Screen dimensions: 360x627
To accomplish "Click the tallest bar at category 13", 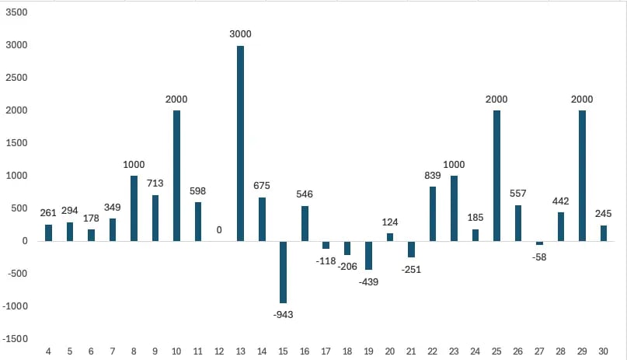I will click(241, 143).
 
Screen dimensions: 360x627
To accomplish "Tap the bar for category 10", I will click(176, 176).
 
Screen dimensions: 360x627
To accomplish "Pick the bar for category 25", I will click(496, 176).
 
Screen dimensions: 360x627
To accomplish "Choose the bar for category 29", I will click(582, 176).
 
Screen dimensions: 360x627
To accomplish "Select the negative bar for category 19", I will click(369, 255).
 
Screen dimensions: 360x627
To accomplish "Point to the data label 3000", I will click(241, 34).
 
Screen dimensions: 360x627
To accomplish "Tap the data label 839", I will click(433, 175).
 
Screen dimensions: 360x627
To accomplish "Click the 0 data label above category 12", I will click(219, 230).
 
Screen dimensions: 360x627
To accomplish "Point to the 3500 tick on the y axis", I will click(16, 12).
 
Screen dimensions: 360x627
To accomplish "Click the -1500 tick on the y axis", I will click(16, 339).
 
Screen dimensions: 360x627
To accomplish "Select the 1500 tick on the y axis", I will click(16, 143).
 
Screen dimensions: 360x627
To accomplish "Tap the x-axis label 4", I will click(49, 352).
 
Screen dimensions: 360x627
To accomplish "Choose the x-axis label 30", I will click(603, 352).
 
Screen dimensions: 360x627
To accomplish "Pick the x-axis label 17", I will click(326, 352).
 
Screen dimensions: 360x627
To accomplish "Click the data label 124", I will click(390, 222).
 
